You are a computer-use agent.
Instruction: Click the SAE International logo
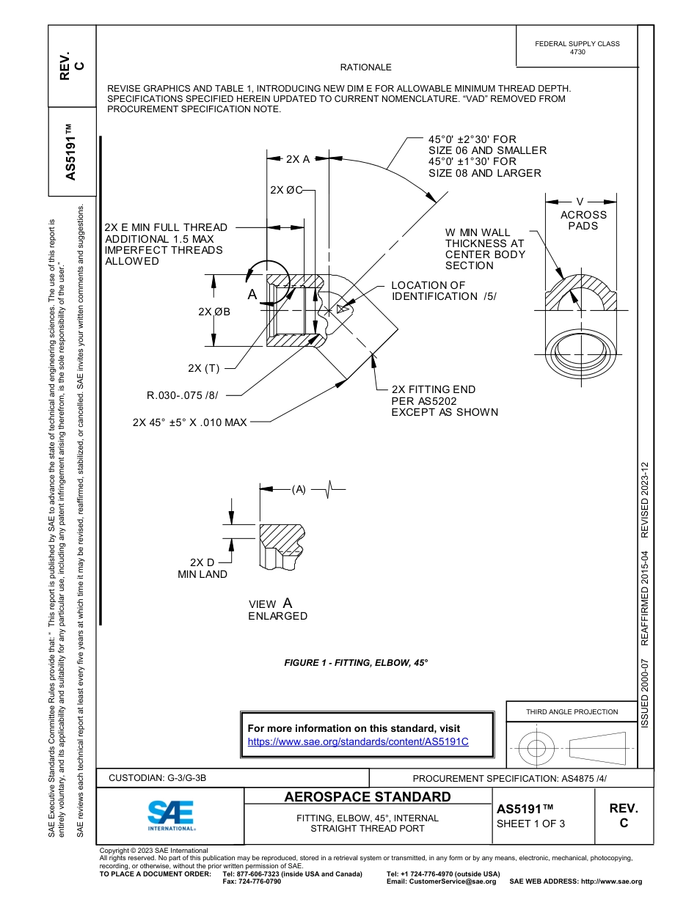170,814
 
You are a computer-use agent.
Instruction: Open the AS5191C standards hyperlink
358,741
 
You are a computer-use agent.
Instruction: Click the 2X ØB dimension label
214,312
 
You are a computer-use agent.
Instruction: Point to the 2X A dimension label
298,158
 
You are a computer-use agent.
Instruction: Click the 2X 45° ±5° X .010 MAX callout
189,422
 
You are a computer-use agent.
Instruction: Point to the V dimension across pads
580,201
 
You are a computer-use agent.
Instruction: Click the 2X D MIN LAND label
202,568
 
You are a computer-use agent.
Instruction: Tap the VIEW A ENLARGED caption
277,609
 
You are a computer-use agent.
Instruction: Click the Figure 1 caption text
356,662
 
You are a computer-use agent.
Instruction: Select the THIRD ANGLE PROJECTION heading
572,711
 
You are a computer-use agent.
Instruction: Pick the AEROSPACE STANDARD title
367,797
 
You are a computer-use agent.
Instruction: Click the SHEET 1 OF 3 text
530,823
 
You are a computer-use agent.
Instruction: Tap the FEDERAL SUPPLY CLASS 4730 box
577,48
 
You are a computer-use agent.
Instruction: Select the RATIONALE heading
365,67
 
